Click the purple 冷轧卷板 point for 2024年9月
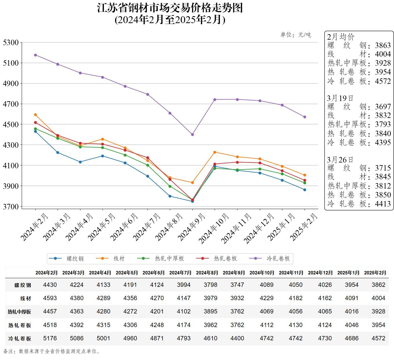pos(192,134)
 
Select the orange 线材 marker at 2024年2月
pos(35,115)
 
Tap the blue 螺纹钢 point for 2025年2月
pos(305,190)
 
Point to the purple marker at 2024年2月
pos(35,55)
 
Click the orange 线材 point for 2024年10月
pos(215,152)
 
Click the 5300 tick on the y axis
pos(11,43)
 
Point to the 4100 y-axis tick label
pos(11,165)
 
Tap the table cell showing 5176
pos(50,338)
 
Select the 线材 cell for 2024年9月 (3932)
pos(237,298)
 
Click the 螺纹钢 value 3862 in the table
pos(378,285)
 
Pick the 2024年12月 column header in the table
pos(320,273)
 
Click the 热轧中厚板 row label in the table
pos(19,312)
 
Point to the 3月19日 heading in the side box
pos(340,98)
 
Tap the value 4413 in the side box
pos(383,204)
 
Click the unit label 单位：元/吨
pos(296,35)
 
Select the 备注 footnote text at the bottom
pos(52,351)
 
